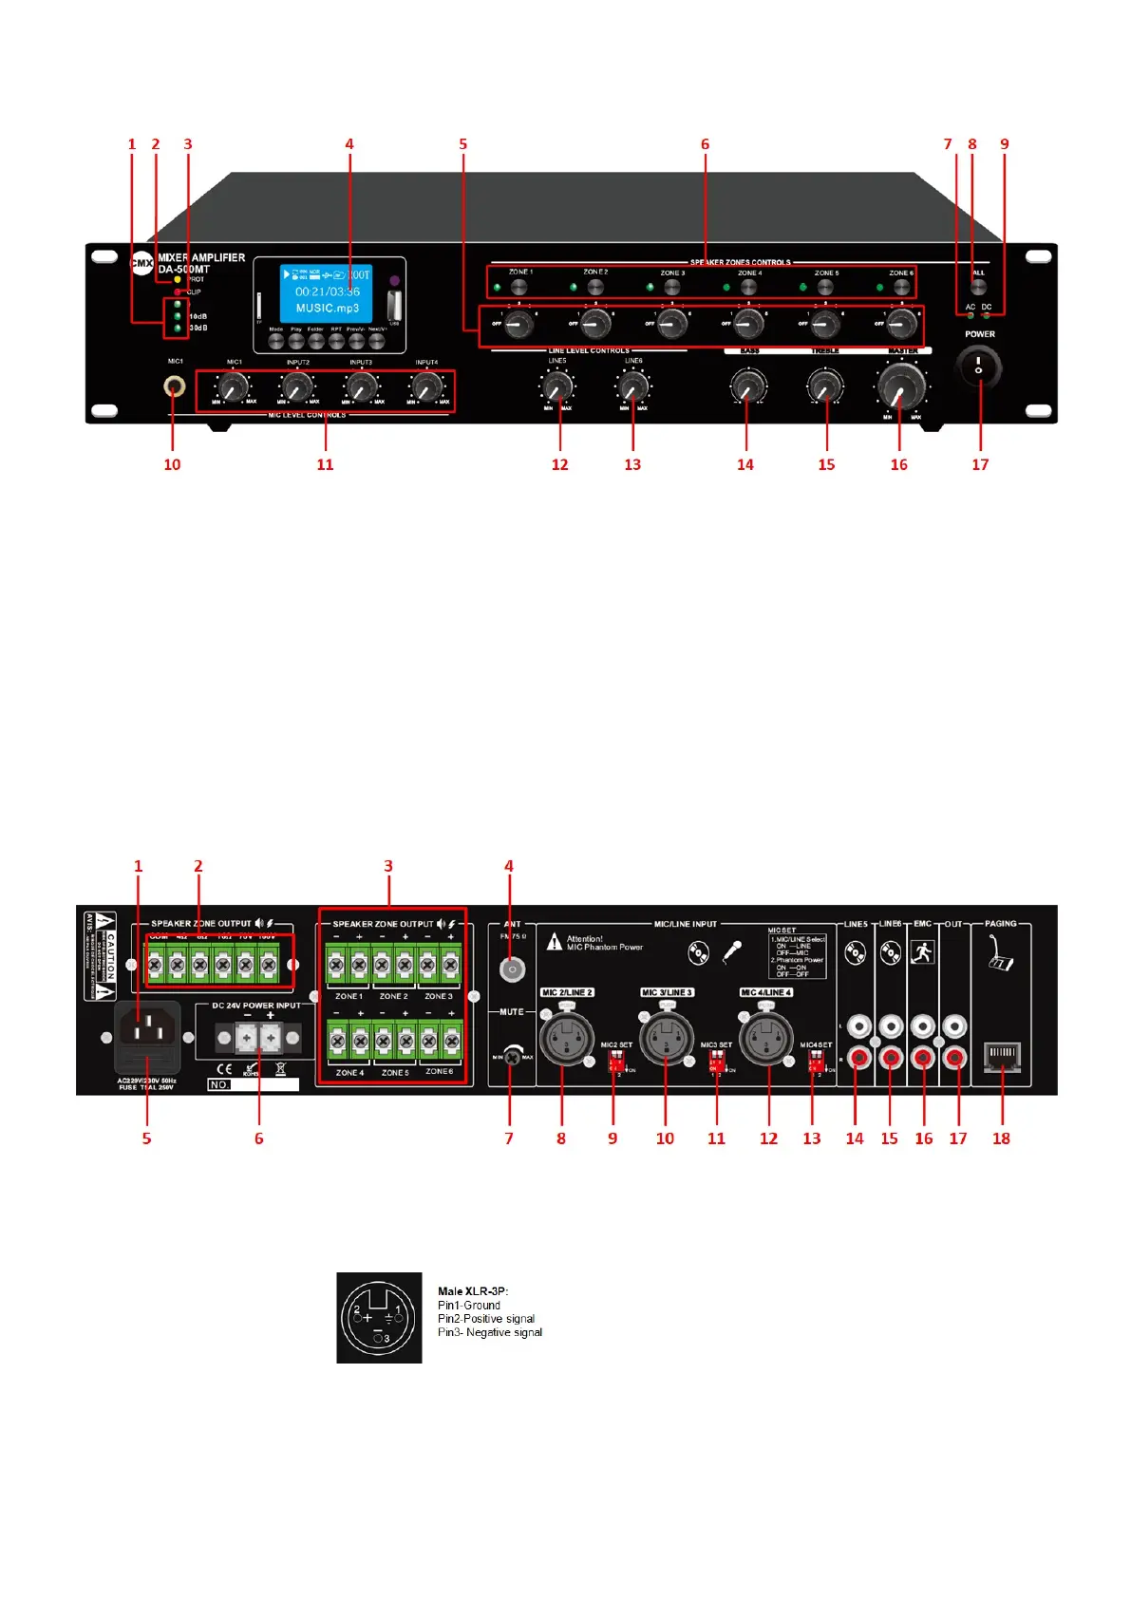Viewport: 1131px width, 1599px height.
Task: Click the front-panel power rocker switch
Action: point(978,367)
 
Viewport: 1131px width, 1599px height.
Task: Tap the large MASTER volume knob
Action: point(898,385)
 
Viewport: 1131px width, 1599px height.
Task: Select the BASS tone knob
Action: point(746,386)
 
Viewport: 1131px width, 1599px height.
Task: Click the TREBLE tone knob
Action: point(824,386)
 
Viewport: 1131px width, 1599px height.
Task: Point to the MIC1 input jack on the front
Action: point(174,386)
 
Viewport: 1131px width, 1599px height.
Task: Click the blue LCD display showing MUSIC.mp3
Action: point(327,292)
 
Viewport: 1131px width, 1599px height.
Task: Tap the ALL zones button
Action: point(978,288)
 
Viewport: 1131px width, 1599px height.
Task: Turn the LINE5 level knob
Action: point(557,386)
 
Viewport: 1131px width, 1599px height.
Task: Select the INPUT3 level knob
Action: point(361,386)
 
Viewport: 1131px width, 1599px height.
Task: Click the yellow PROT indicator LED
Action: point(178,280)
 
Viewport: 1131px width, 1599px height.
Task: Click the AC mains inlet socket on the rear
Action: point(148,1028)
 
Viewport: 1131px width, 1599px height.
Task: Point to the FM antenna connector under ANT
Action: point(512,969)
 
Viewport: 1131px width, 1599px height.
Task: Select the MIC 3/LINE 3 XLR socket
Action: point(666,1038)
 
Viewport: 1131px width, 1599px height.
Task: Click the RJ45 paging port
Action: point(1002,1056)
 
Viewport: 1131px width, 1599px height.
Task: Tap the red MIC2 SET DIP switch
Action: point(614,1059)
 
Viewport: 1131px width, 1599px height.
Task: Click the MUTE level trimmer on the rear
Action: point(512,1055)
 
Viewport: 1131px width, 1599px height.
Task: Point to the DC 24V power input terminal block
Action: point(257,1038)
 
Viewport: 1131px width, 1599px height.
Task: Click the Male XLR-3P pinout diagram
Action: point(379,1317)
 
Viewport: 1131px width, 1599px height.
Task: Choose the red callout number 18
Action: point(1001,1138)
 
